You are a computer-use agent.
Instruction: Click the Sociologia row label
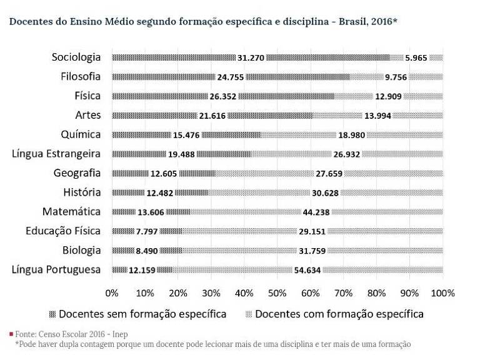point(76,57)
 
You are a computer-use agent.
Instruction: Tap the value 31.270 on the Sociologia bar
point(251,58)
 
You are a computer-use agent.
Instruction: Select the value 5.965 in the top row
point(416,58)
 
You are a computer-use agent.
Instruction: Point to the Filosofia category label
point(81,76)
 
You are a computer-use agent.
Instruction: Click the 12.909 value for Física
point(388,96)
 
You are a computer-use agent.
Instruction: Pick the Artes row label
point(88,115)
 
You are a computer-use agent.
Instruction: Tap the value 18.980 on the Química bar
point(351,135)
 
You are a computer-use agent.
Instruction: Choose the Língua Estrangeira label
point(56,154)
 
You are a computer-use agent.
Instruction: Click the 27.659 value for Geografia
point(329,174)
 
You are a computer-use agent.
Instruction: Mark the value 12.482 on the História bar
point(160,193)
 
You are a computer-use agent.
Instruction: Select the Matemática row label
point(71,211)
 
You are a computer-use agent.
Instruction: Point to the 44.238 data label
point(316,212)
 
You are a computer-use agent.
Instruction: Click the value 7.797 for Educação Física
point(147,231)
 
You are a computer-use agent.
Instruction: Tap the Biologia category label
point(81,251)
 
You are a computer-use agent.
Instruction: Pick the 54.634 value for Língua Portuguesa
point(307,270)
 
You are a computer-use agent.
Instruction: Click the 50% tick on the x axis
point(277,293)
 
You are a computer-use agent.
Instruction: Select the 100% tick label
point(442,293)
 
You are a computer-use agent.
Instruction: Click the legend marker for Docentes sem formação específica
point(52,314)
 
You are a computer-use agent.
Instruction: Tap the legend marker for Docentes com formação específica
point(249,314)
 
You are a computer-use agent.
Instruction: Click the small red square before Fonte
point(11,334)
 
